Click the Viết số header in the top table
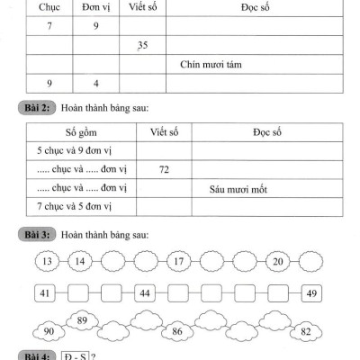(142, 8)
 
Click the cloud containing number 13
(46, 261)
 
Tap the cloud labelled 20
(279, 261)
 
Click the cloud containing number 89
(81, 319)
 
